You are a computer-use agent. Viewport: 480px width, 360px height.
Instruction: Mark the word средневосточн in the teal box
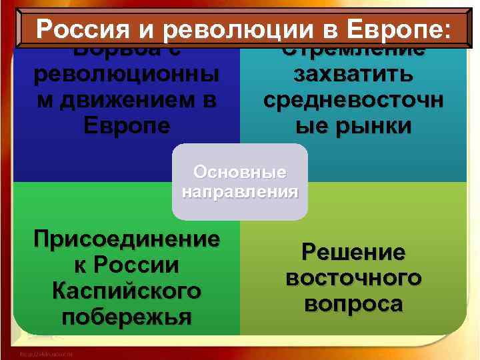353,99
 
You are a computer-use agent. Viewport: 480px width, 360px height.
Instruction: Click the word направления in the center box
240,193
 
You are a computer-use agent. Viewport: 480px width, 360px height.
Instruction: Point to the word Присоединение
127,239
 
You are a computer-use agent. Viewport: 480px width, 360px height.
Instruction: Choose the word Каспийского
127,291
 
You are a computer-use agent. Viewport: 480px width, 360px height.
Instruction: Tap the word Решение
353,253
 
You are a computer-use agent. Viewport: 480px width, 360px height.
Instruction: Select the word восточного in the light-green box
353,278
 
